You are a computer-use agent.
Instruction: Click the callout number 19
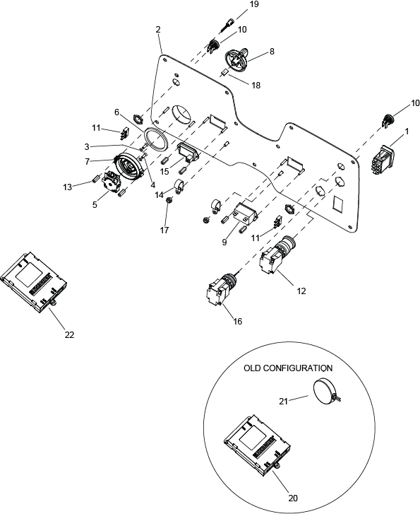(253, 4)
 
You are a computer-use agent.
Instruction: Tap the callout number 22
(69, 334)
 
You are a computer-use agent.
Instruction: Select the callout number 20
(293, 498)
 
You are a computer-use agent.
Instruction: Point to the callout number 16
(238, 321)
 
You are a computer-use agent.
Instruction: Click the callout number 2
(158, 30)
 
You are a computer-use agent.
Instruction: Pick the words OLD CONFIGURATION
(288, 368)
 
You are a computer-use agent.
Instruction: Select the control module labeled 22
(34, 282)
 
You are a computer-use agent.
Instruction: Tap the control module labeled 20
(258, 445)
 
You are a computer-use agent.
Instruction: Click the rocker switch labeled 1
(383, 161)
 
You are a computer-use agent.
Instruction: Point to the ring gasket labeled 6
(156, 139)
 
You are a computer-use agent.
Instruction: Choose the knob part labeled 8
(237, 61)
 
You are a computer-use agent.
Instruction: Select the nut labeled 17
(169, 200)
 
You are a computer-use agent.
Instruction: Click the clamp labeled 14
(179, 185)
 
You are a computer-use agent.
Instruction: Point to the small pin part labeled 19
(227, 25)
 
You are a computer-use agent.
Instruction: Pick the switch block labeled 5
(111, 183)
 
